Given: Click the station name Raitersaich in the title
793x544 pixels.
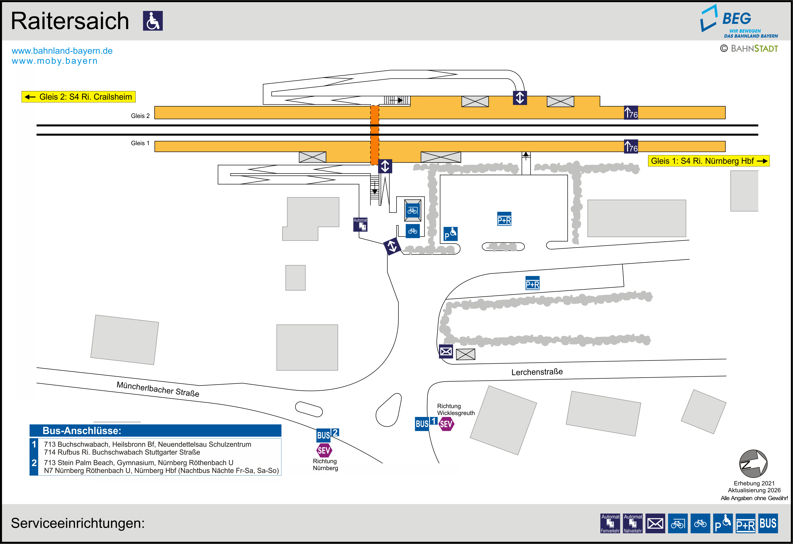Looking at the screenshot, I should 70,21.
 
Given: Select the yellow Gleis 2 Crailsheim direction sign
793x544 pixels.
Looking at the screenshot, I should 79,97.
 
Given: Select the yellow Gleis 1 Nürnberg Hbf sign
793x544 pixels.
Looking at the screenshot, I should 708,161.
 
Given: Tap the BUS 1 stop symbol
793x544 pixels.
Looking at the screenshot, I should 426,423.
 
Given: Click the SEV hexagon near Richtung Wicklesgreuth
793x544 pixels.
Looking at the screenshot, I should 446,424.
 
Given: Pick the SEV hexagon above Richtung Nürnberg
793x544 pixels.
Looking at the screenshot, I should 324,450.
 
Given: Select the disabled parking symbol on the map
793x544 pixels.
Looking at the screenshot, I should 450,234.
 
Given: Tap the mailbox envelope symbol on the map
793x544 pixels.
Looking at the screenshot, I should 446,351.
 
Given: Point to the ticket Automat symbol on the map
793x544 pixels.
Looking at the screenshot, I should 360,225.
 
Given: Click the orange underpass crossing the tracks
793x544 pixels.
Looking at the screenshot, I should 375,135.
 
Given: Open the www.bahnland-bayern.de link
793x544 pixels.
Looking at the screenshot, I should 62,51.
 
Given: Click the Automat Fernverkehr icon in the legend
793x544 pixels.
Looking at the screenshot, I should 610,523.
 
